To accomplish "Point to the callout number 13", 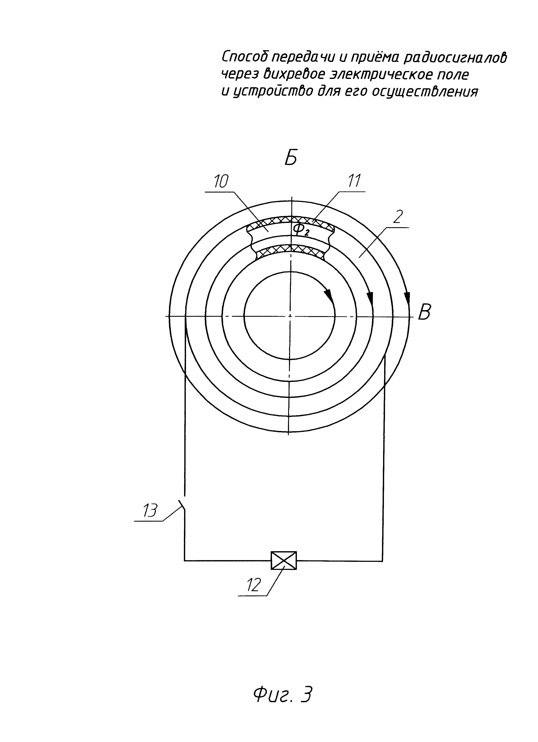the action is pos(150,510).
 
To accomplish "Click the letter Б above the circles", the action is pos(291,159).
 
